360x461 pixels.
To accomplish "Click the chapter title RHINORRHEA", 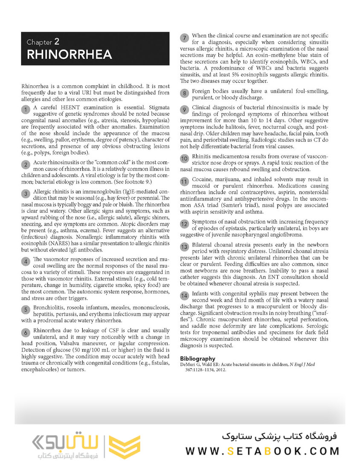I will click(x=69, y=55).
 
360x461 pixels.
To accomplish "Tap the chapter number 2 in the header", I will click(x=57, y=42).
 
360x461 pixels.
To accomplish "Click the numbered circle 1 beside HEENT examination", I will click(x=26, y=110).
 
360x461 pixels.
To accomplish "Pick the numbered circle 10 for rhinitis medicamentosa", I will click(x=184, y=158).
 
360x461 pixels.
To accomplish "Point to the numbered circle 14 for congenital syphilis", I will click(x=184, y=295).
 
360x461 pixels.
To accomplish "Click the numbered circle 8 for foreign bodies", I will click(x=184, y=93).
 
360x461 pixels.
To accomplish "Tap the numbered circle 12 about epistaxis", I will click(x=184, y=224).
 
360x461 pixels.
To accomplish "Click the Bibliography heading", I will click(x=197, y=359).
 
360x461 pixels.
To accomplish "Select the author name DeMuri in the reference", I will click(x=188, y=365).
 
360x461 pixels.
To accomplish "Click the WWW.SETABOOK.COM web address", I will click(x=262, y=451).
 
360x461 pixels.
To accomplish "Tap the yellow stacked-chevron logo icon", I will click(x=125, y=446).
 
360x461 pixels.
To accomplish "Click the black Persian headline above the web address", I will click(x=279, y=436).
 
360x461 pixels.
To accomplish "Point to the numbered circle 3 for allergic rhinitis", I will click(x=26, y=193).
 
